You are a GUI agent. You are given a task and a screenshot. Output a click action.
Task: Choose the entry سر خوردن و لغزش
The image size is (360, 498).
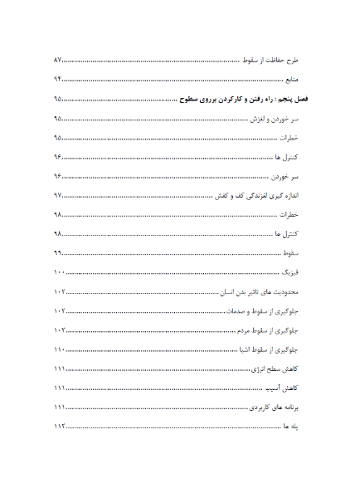pyautogui.click(x=280, y=120)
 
